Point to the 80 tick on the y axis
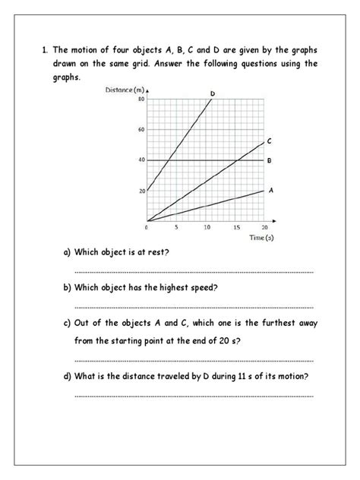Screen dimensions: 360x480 pos(141,99)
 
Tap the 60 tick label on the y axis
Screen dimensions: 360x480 pos(141,130)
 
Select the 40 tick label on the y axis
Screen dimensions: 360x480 pos(141,160)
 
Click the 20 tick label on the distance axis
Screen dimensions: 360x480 pos(141,191)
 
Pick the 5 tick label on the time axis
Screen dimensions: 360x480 pos(176,227)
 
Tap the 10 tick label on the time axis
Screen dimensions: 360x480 pos(206,227)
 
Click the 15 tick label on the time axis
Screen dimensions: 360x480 pos(235,227)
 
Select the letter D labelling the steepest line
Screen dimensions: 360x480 pos(212,93)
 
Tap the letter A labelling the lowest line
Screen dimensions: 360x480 pos(270,191)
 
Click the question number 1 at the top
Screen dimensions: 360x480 pos(44,50)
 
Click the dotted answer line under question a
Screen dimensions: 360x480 pos(194,270)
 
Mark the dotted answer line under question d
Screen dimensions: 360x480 pos(194,396)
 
